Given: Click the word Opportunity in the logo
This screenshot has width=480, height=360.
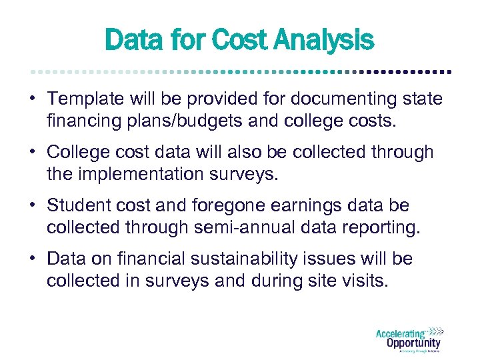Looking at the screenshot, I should (x=413, y=343).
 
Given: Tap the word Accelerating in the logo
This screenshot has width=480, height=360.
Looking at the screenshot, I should (x=400, y=333).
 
